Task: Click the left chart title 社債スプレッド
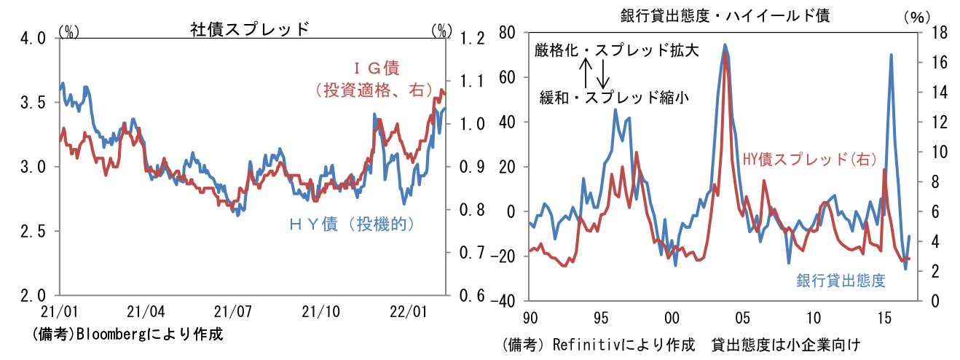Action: pyautogui.click(x=250, y=28)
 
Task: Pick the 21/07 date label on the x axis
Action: pyautogui.click(x=232, y=312)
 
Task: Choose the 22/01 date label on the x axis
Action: pyautogui.click(x=408, y=312)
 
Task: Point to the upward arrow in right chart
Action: pyautogui.click(x=585, y=73)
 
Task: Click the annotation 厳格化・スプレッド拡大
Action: pyautogui.click(x=616, y=50)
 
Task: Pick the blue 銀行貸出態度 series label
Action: pyautogui.click(x=841, y=280)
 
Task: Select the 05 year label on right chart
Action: pyautogui.click(x=742, y=318)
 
